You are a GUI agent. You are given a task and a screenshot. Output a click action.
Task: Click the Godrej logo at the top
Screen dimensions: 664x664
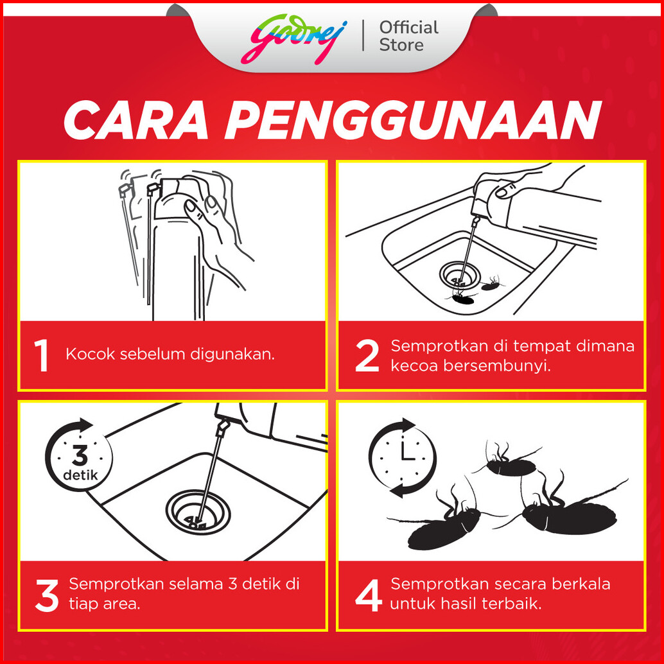point(294,39)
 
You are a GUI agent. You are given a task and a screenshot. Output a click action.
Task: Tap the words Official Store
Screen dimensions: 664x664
point(408,37)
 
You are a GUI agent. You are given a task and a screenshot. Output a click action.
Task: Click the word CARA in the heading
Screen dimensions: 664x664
point(136,120)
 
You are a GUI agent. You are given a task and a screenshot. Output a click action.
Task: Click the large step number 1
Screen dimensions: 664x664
point(41,355)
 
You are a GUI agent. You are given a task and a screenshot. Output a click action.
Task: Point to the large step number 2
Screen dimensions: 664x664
point(367,356)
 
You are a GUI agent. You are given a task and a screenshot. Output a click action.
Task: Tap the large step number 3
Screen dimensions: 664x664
point(47,595)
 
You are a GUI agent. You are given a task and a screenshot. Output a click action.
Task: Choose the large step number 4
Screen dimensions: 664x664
point(369,595)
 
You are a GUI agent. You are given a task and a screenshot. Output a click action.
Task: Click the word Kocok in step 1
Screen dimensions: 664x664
point(90,354)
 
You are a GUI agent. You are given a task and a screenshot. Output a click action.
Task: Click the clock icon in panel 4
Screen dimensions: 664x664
point(402,457)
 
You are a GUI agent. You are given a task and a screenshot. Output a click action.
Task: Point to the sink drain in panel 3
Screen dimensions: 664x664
point(198,512)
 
